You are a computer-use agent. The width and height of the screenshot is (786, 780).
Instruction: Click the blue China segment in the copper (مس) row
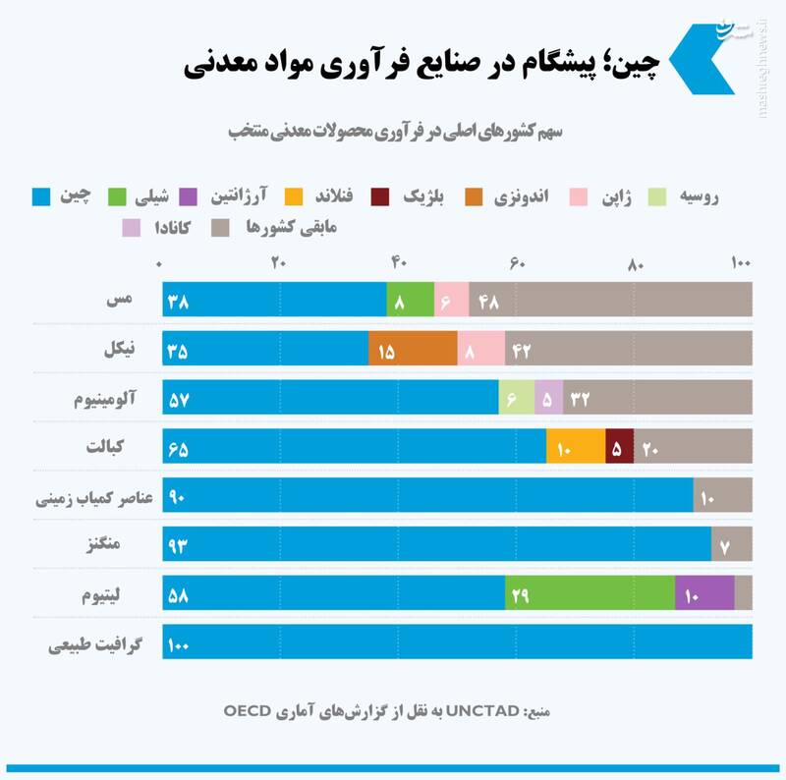click(275, 300)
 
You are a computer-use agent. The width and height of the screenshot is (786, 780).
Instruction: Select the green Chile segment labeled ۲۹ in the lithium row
click(589, 593)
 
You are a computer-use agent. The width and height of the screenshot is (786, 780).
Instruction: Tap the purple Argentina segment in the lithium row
click(704, 593)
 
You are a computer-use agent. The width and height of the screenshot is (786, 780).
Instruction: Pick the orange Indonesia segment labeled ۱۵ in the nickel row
click(413, 349)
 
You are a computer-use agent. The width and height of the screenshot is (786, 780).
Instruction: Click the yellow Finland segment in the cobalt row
click(576, 447)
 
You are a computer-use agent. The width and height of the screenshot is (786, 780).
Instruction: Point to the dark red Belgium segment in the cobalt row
click(620, 447)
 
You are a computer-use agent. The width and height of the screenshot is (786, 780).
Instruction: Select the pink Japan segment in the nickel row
click(480, 349)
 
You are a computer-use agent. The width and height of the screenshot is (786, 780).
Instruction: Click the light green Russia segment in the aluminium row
click(517, 398)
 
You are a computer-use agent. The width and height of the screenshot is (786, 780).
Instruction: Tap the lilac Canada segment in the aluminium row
click(548, 398)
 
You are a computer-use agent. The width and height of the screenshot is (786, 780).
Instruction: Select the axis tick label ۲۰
click(278, 262)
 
